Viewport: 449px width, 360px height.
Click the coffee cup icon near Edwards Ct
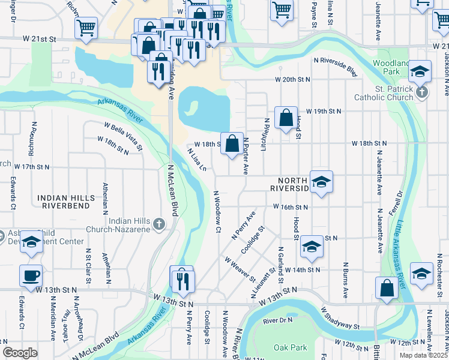(x=31, y=276)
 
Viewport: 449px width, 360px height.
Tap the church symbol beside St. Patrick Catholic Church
(x=422, y=92)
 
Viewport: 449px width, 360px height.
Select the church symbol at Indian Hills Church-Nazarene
(x=158, y=224)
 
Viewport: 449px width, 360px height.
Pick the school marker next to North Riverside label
(x=321, y=182)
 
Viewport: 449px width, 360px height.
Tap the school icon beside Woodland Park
(x=420, y=71)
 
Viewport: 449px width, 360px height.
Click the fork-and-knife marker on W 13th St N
(x=181, y=280)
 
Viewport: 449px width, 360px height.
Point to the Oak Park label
(x=290, y=347)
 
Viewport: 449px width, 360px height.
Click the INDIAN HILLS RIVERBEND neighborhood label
(x=66, y=202)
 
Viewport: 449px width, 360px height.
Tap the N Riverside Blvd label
(x=335, y=67)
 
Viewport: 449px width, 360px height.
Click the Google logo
(x=20, y=353)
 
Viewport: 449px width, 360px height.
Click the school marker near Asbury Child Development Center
(x=32, y=241)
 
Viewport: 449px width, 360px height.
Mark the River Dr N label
(x=277, y=320)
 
